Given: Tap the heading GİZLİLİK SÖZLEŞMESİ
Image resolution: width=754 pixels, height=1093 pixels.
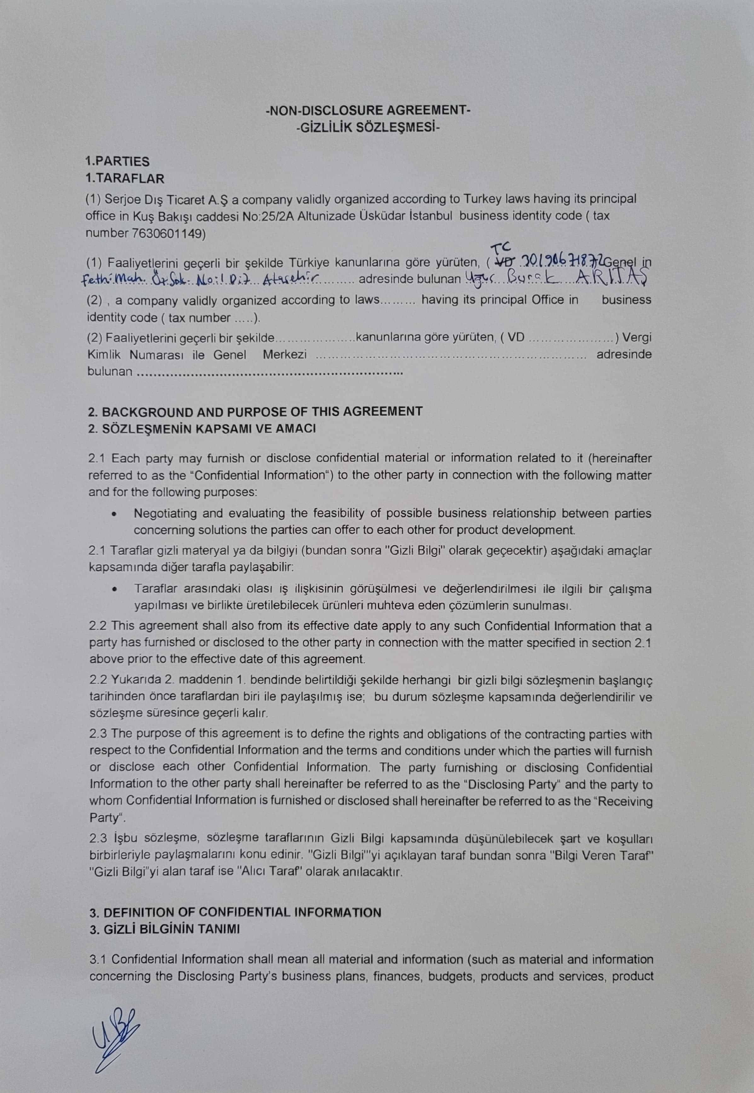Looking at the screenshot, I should pos(368,128).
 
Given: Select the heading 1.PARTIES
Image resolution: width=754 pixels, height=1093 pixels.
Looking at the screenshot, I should pos(117,162).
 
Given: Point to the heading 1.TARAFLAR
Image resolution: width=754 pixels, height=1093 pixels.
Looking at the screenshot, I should pos(125,179).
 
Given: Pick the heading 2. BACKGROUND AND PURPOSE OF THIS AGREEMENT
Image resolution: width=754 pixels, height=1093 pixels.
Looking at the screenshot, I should pos(255,412).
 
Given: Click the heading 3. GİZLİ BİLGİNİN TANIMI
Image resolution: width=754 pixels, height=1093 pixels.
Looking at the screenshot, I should pos(164,929).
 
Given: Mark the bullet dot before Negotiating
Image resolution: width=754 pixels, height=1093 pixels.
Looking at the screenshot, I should pos(114,515).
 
